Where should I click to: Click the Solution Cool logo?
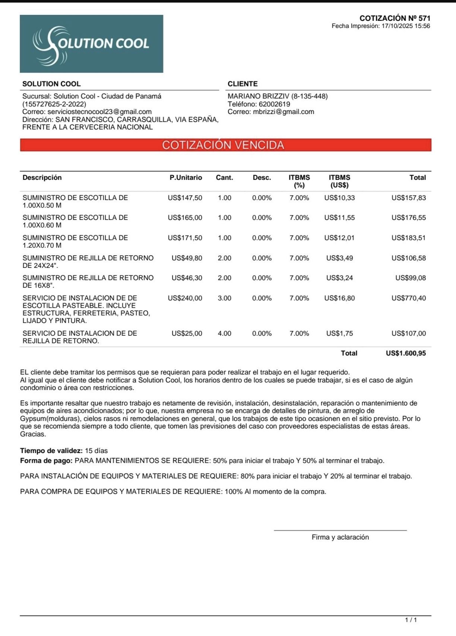click(x=91, y=44)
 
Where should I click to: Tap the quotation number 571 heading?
click(x=395, y=18)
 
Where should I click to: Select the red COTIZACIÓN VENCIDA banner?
click(x=225, y=145)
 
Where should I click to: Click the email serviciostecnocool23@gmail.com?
click(x=99, y=112)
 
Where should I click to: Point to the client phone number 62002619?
click(x=274, y=104)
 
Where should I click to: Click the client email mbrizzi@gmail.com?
click(x=284, y=112)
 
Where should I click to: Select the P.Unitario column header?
click(x=186, y=178)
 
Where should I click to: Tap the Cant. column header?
click(x=224, y=178)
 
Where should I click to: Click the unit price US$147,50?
click(x=185, y=198)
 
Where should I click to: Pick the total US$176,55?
click(x=408, y=218)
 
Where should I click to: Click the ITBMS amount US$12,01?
click(x=339, y=238)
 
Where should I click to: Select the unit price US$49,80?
click(x=187, y=258)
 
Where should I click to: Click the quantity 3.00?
click(x=224, y=298)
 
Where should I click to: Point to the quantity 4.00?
click(x=224, y=333)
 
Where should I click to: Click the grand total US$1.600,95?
click(x=405, y=353)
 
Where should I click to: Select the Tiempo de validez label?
click(x=51, y=451)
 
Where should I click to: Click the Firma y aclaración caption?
click(x=340, y=537)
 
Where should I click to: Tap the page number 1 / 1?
click(x=411, y=620)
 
